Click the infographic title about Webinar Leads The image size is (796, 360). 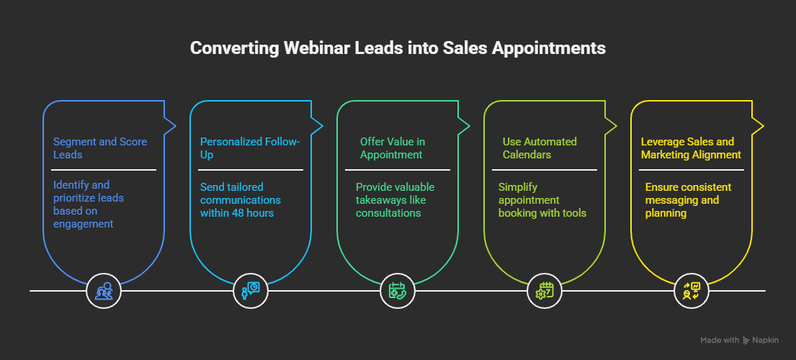pos(398,48)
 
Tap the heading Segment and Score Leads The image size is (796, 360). pos(100,148)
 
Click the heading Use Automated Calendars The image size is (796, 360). pos(540,148)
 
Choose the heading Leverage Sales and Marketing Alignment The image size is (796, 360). pos(691,148)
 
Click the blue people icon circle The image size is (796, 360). pos(104,291)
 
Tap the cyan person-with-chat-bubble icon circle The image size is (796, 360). pos(250,291)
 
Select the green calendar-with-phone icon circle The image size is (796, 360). pos(398,291)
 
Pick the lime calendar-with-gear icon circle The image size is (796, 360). pos(544,291)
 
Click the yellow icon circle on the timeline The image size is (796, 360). pos(692,291)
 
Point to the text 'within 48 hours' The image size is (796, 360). pos(237,213)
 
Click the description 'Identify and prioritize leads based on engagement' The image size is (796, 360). pos(89,204)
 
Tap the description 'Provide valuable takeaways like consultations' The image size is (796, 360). pos(395,200)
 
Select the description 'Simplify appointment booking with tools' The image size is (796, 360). pos(542,200)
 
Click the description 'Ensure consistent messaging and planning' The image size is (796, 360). pos(688,200)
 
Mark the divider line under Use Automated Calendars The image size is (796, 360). pos(545,170)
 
